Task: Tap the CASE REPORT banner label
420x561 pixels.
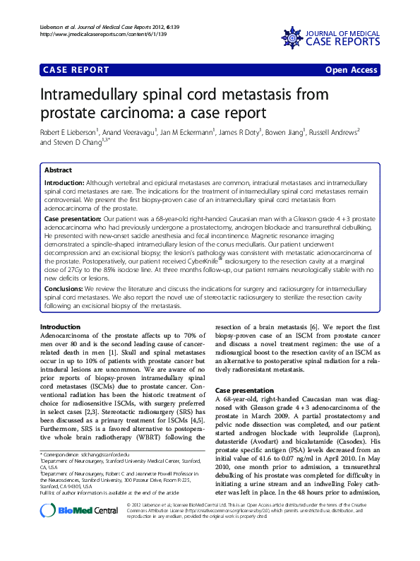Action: (76, 70)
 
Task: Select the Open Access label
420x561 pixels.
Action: (351, 70)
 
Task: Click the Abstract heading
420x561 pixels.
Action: (58, 170)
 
